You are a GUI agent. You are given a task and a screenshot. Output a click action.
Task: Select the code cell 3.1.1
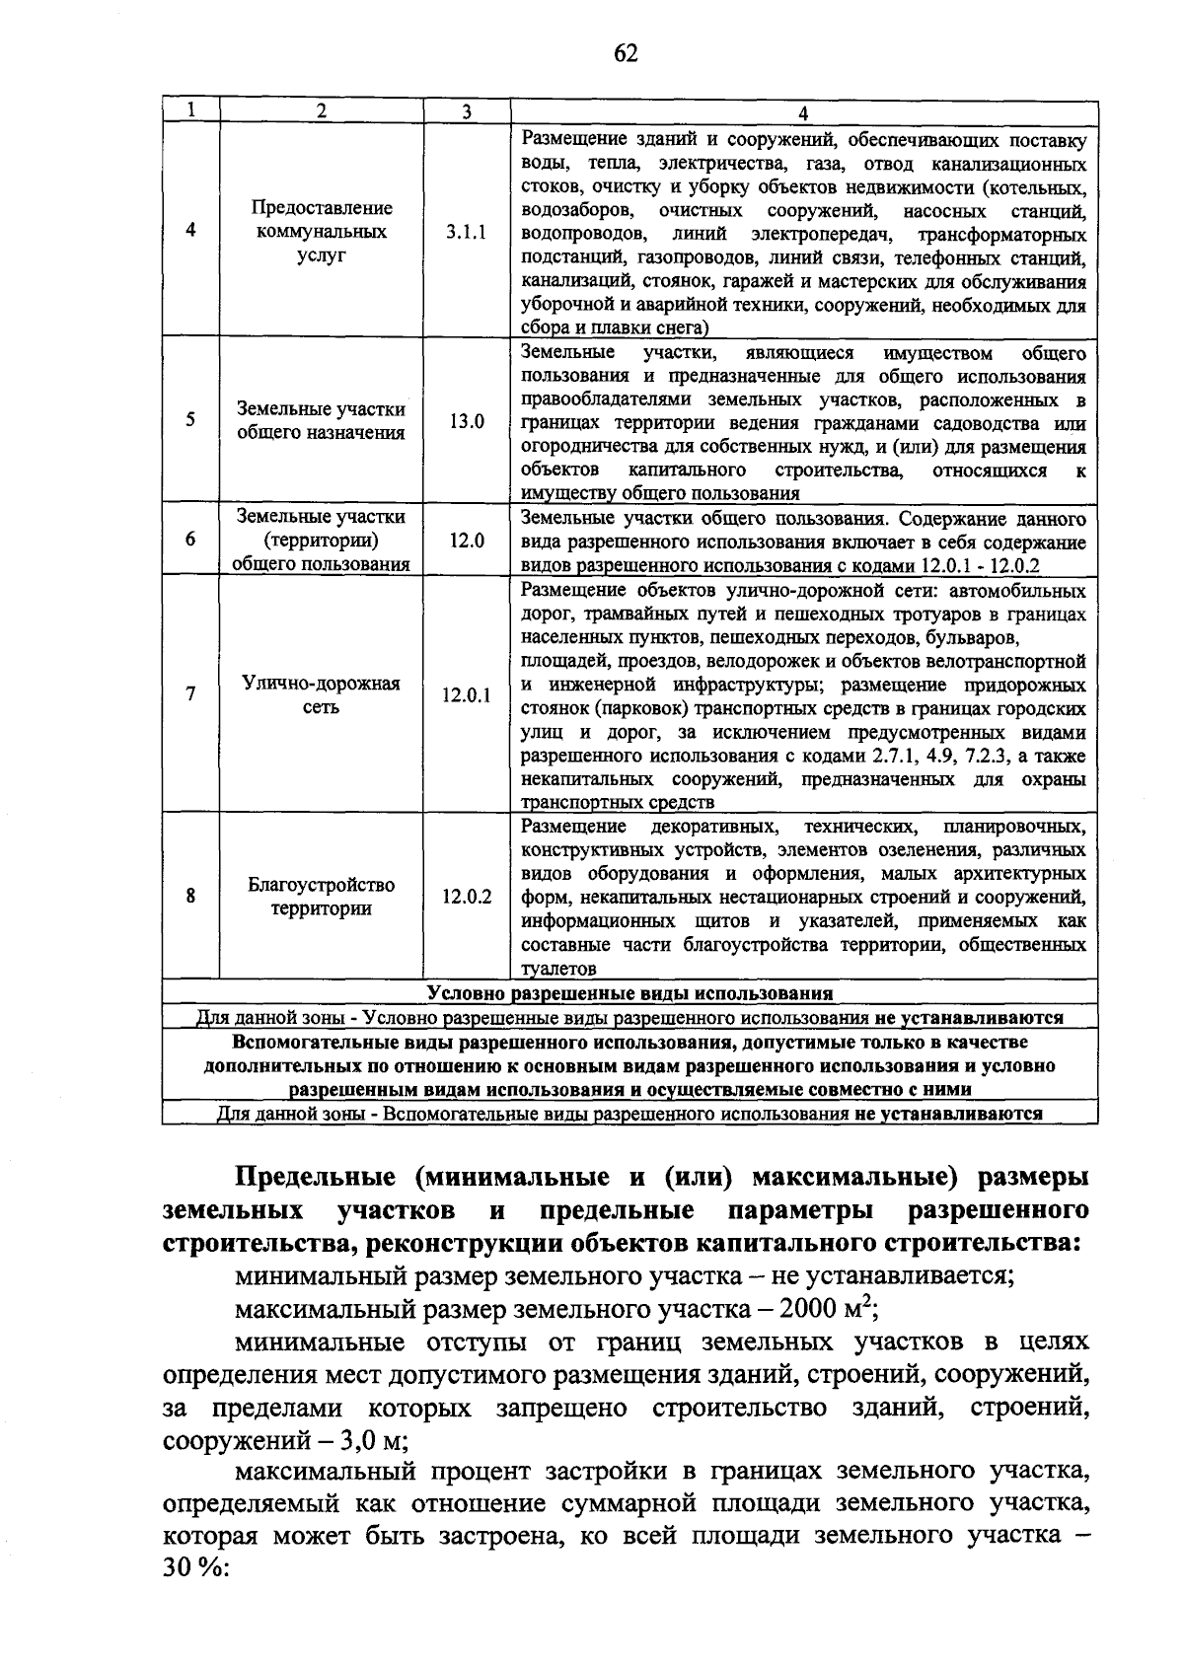[x=466, y=233]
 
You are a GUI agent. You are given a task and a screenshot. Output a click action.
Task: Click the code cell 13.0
[x=467, y=421]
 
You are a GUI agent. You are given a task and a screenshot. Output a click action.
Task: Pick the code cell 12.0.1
[x=466, y=695]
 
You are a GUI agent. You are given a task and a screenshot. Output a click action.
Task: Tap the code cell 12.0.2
[x=466, y=897]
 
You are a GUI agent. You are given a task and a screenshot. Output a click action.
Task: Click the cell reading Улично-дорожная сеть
[x=321, y=695]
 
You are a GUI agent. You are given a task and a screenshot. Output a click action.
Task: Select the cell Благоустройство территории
[x=321, y=897]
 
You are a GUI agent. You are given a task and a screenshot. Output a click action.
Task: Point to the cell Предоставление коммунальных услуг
[x=321, y=232]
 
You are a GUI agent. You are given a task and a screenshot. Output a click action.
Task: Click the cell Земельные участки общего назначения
[x=321, y=421]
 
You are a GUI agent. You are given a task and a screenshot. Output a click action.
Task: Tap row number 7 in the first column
[x=189, y=694]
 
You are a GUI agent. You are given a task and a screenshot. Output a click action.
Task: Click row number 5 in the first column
[x=189, y=420]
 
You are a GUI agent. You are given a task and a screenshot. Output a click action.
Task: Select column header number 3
[x=466, y=111]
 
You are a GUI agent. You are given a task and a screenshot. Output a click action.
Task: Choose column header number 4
[x=803, y=112]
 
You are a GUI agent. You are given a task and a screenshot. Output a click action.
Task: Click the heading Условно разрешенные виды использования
[x=629, y=992]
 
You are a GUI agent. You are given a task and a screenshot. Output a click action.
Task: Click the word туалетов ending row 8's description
[x=558, y=970]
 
